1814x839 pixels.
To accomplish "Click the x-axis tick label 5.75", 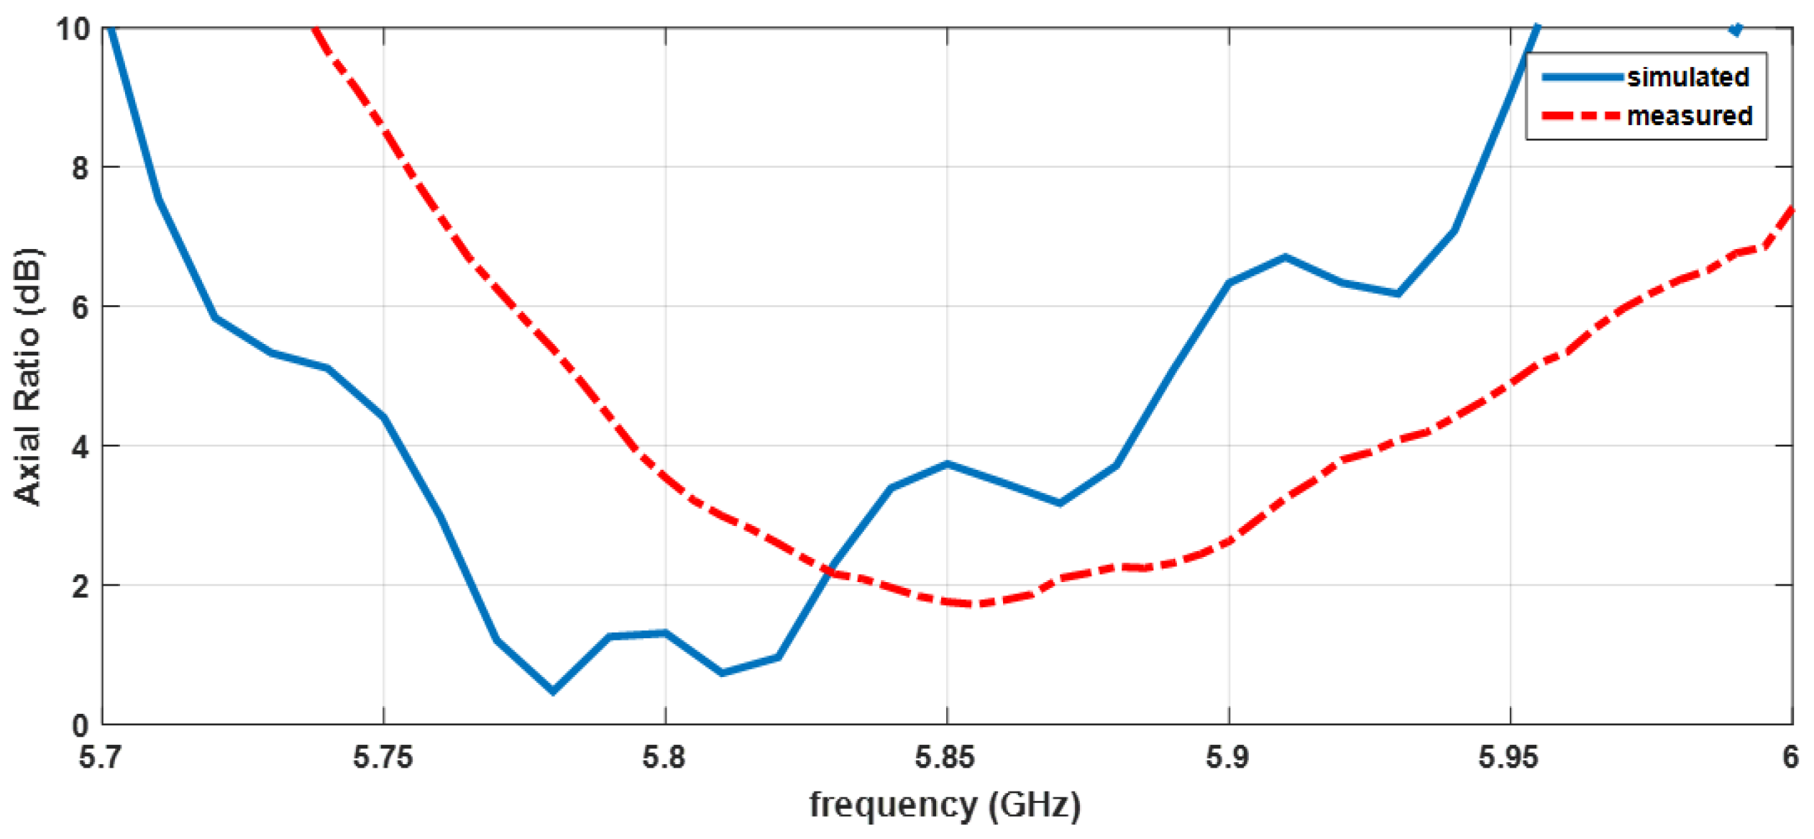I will pyautogui.click(x=383, y=758).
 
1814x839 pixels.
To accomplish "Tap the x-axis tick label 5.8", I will pyautogui.click(x=664, y=758).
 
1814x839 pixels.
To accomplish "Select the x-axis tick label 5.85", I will pyautogui.click(x=945, y=758).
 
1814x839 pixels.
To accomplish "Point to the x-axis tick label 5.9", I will pyautogui.click(x=1227, y=758).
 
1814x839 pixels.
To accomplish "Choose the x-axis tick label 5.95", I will pyautogui.click(x=1508, y=758).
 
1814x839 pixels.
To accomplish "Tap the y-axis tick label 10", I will pyautogui.click(x=73, y=30).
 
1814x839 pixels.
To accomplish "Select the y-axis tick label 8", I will pyautogui.click(x=80, y=168).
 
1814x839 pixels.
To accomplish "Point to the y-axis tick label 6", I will pyautogui.click(x=80, y=308).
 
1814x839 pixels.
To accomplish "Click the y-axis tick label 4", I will pyautogui.click(x=80, y=448).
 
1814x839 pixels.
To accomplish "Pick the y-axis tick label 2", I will pyautogui.click(x=80, y=587).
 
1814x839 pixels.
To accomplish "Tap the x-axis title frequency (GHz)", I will pyautogui.click(x=945, y=805).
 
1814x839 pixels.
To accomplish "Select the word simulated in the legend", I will pyautogui.click(x=1687, y=77).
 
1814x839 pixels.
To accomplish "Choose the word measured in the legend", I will pyautogui.click(x=1689, y=116).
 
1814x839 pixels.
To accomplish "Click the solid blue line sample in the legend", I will pyautogui.click(x=1582, y=77).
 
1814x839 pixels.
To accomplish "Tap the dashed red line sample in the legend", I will pyautogui.click(x=1582, y=116).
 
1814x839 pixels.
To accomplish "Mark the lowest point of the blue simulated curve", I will pyautogui.click(x=552, y=691).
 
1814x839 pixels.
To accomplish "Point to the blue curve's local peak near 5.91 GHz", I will pyautogui.click(x=1285, y=257).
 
